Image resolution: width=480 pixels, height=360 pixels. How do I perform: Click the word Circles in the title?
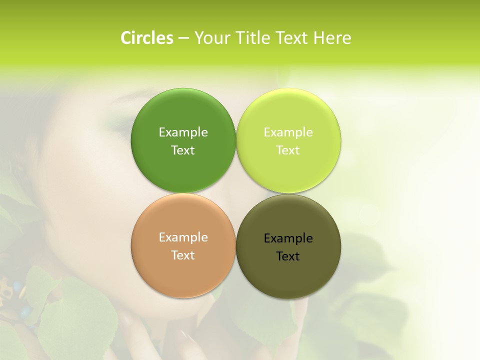click(x=146, y=38)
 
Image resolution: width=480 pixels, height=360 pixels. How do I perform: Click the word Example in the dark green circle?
click(x=183, y=132)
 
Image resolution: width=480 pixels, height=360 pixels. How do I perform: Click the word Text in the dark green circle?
click(x=183, y=150)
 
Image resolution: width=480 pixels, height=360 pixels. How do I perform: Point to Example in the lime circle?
click(x=288, y=132)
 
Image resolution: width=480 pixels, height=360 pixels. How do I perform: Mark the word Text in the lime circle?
click(x=288, y=150)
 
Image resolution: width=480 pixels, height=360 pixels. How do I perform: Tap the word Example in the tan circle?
click(x=183, y=237)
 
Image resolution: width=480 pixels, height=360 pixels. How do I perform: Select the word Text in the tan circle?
click(x=183, y=255)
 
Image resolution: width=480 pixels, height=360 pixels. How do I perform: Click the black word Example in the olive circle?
click(x=288, y=238)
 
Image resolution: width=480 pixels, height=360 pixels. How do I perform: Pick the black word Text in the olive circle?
click(x=288, y=256)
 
